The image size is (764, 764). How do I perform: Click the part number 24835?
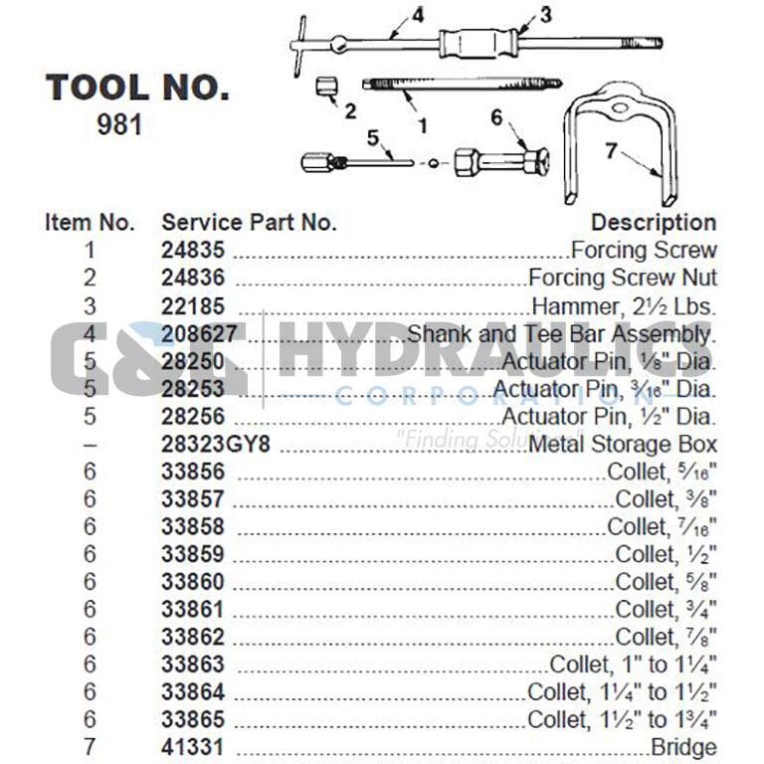[193, 251]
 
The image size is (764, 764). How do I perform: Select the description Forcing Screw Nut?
[622, 279]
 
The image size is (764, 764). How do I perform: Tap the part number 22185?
[193, 306]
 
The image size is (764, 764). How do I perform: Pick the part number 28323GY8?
[216, 444]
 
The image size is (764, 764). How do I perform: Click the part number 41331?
[193, 746]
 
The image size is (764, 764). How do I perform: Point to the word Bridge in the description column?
[683, 746]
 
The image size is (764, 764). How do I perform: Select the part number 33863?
[193, 664]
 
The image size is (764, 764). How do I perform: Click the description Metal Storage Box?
[622, 444]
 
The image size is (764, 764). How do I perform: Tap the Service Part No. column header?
[249, 223]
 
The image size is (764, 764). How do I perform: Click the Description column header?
[653, 223]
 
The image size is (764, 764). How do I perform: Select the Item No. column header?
[90, 223]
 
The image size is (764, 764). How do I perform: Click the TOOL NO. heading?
[137, 88]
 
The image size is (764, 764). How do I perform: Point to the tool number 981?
[119, 126]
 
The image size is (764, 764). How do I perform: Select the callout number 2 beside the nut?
[350, 111]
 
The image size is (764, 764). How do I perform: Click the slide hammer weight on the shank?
[478, 44]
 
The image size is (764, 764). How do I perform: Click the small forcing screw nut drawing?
[325, 86]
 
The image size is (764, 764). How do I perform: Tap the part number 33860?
[193, 581]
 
